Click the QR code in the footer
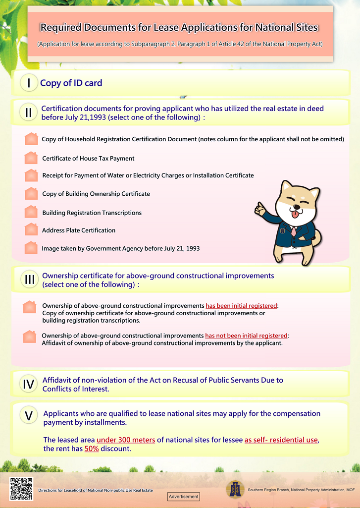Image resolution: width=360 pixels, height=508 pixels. coord(21,489)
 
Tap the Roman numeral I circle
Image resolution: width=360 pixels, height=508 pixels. coord(29,83)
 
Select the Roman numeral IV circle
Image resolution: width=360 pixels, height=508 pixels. coord(29,384)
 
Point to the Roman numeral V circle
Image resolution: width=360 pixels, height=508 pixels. coord(29,416)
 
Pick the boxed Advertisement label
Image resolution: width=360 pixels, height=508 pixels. coord(183,496)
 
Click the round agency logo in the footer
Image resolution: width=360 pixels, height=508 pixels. coord(235,489)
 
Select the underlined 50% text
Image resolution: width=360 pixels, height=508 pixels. coord(92,449)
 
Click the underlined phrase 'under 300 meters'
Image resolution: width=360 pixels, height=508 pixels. coord(126,440)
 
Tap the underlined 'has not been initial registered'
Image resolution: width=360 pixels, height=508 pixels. coord(246,336)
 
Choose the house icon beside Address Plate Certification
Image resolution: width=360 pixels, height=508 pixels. coord(31,229)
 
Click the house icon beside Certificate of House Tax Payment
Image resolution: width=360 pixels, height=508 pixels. coord(31,158)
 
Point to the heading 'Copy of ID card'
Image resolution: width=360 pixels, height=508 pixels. coord(71,83)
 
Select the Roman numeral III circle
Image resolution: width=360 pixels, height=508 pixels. coord(29,280)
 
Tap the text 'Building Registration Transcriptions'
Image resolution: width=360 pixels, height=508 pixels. coord(92,213)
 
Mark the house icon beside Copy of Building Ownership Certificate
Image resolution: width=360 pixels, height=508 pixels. coord(31,193)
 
